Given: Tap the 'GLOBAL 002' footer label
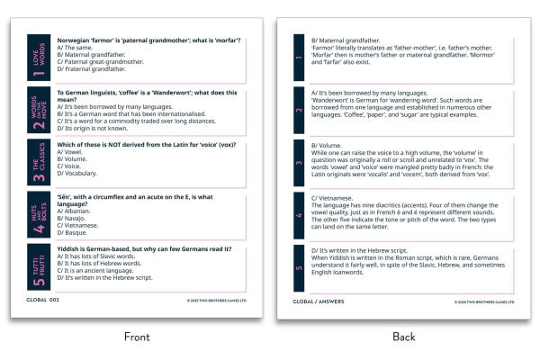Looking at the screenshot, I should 42,300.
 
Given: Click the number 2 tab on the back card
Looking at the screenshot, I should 300,111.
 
